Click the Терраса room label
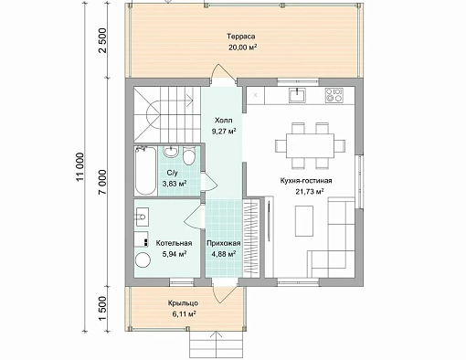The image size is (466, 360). pos(241,37)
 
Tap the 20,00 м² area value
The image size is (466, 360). pos(242,48)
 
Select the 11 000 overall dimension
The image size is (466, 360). pos(80,166)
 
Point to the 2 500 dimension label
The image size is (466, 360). pos(103,40)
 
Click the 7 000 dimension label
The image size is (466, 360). pos(103,182)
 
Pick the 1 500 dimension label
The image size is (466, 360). pos(103,309)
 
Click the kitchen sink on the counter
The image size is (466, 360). pos(297,95)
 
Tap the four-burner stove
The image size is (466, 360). pos(334,95)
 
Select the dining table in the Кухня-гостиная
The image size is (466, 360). pos(310,145)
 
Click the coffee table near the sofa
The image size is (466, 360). pos(304,220)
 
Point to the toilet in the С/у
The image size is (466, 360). pos(189,155)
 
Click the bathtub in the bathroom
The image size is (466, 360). pos(145,171)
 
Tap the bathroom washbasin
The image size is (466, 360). pos(171,152)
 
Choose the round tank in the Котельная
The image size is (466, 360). pos(143,260)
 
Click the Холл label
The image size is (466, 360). pos(223,121)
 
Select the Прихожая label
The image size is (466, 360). pos(224,243)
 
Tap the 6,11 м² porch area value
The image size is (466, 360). pos(184,314)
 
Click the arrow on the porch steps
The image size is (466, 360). pos(216,344)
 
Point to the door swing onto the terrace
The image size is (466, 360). pos(223,71)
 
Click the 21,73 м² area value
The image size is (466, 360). pos(309,192)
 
